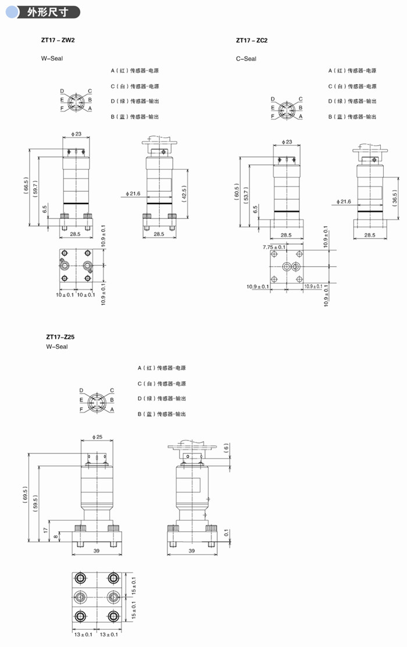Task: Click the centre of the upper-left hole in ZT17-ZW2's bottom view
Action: [65, 253]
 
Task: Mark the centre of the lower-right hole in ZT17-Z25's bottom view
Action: [113, 616]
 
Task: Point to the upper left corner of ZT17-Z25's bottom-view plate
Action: [72, 573]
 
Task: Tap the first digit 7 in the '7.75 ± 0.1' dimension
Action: [264, 247]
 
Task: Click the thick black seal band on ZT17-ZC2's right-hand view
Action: [370, 211]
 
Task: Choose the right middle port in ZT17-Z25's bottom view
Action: [113, 596]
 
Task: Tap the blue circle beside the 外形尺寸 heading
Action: [12, 12]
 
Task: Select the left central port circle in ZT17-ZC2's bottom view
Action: [287, 267]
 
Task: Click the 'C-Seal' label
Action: [246, 59]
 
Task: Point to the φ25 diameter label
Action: [98, 437]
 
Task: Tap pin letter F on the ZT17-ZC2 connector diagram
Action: [273, 116]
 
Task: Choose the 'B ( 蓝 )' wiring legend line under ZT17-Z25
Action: [162, 414]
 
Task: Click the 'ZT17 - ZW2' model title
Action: [58, 40]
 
